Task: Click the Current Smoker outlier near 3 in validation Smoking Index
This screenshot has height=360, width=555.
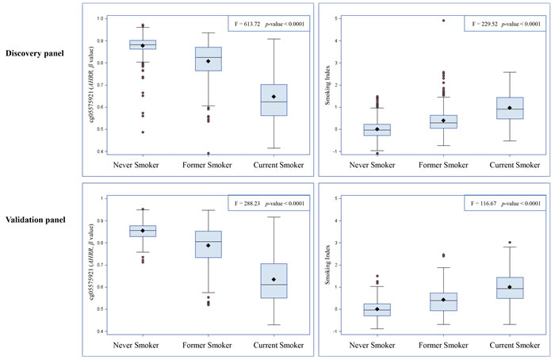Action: [509, 243]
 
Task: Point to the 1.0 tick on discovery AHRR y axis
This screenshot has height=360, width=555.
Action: [101, 18]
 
